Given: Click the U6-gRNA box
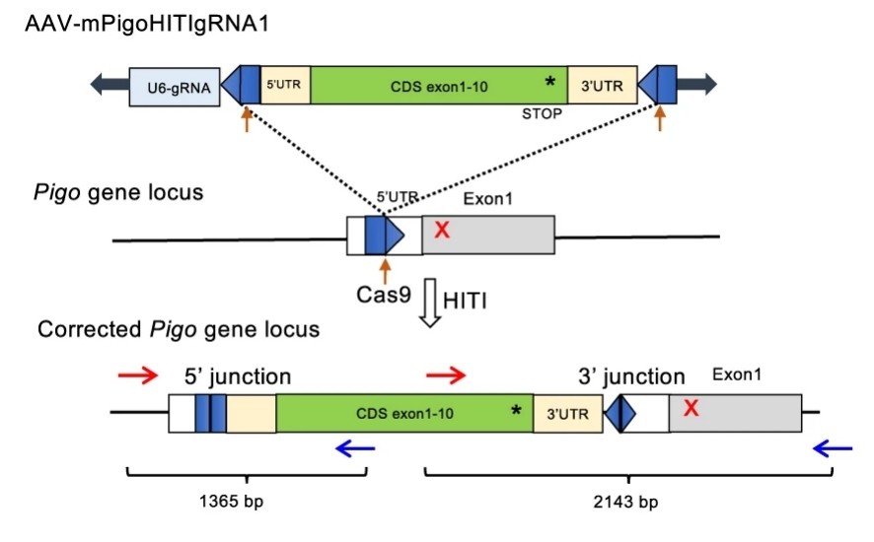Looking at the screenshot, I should point(175,86).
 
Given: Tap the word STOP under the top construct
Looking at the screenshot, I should point(542,113).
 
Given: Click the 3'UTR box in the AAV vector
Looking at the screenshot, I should point(604,86).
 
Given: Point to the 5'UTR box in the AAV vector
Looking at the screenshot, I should point(285,86).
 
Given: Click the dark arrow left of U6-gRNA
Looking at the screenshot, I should point(109,86).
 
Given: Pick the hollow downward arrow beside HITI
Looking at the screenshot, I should point(430,301).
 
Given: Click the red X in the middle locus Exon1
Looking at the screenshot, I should point(443,231).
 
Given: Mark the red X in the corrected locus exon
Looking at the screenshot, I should point(691,408).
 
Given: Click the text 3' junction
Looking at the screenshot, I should point(631,376).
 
